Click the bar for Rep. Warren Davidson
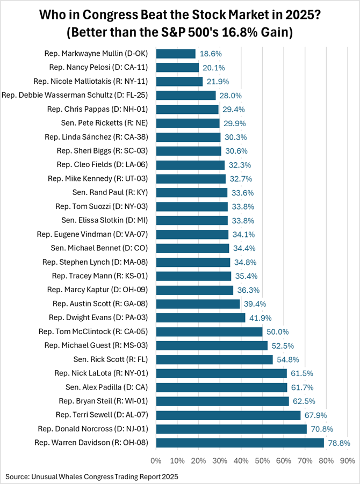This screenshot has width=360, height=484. tap(240, 443)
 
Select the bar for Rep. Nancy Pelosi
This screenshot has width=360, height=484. tap(177, 67)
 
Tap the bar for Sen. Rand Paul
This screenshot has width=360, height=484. tap(191, 192)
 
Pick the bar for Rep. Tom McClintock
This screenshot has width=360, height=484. tap(209, 331)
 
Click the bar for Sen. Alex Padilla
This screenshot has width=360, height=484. tap(221, 387)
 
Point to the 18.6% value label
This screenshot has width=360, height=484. tap(210, 54)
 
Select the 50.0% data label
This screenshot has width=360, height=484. tap(277, 331)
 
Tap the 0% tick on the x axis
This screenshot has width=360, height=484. tap(156, 460)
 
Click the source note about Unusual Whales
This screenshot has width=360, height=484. tap(92, 476)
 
